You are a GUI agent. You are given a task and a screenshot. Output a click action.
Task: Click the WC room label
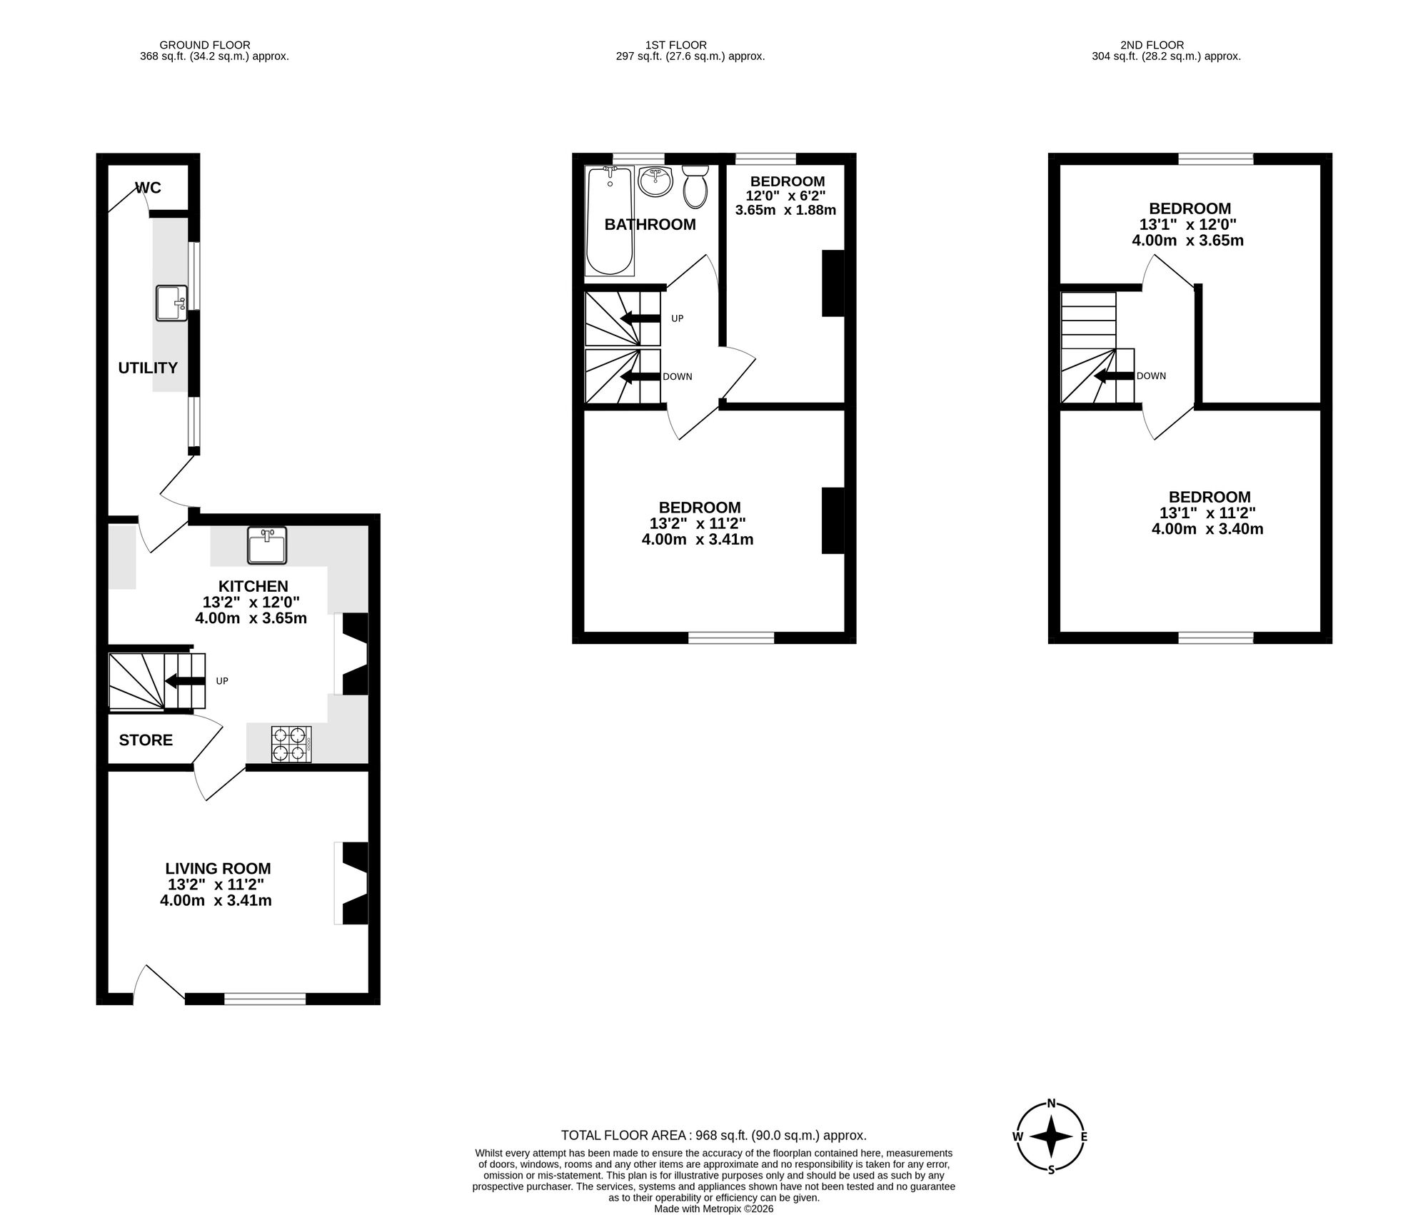coord(149,188)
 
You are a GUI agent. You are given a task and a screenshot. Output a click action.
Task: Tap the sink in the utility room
coord(171,303)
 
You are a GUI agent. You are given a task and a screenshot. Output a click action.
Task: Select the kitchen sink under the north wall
coord(266,545)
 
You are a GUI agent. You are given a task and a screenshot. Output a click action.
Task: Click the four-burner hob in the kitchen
coord(291,744)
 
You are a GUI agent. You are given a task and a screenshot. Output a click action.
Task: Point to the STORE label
coord(146,740)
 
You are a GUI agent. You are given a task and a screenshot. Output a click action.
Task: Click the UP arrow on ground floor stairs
coord(185,681)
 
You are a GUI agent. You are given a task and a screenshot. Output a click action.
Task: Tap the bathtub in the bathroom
coord(609,221)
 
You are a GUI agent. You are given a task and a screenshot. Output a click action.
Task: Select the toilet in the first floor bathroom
coord(695,187)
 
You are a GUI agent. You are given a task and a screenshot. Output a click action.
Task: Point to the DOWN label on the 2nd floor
coord(1151,376)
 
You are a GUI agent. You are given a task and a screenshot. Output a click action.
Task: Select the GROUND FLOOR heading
coord(204,45)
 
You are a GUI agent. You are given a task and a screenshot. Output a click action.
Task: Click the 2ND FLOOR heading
coord(1166,45)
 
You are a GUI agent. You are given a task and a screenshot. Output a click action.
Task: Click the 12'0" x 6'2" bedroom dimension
coord(785,196)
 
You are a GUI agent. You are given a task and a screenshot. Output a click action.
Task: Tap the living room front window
coord(265,999)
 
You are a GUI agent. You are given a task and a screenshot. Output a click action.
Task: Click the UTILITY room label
coord(148,368)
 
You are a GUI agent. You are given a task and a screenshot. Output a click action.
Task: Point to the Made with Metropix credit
coord(713,1209)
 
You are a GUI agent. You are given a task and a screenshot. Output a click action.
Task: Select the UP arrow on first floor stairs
coord(640,318)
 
